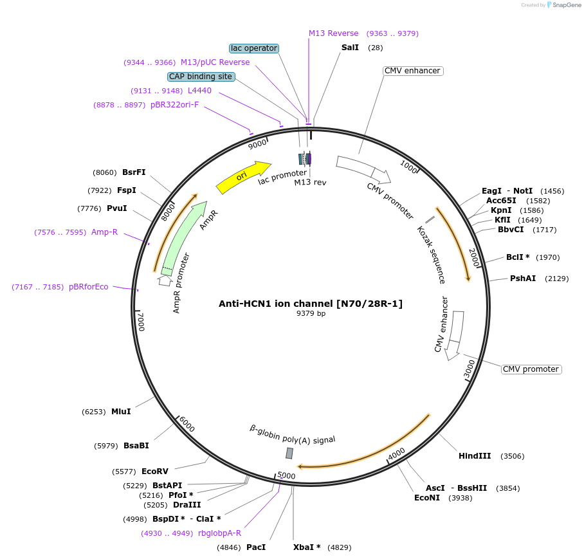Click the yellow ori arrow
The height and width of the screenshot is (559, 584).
[x=243, y=177]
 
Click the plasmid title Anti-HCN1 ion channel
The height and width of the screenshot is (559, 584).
[x=311, y=304]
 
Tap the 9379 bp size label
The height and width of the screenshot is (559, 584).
[x=311, y=314]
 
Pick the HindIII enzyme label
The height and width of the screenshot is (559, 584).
[x=475, y=456]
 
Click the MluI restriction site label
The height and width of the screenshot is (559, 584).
[x=121, y=412]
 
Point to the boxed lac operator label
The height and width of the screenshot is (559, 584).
[x=254, y=48]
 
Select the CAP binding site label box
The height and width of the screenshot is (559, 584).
[x=201, y=77]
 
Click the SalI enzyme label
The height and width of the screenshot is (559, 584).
[x=351, y=48]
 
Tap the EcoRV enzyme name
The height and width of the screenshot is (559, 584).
[x=154, y=472]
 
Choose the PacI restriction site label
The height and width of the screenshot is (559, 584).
[x=256, y=547]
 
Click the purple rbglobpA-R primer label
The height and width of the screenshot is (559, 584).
[x=219, y=533]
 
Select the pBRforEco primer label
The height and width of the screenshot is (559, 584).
[x=89, y=287]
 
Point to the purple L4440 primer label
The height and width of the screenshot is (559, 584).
[x=199, y=91]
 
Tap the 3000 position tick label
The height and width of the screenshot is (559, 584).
[x=470, y=369]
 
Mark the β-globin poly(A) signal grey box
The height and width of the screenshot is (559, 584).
[x=289, y=454]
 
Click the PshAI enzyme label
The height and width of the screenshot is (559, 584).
[x=523, y=279]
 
